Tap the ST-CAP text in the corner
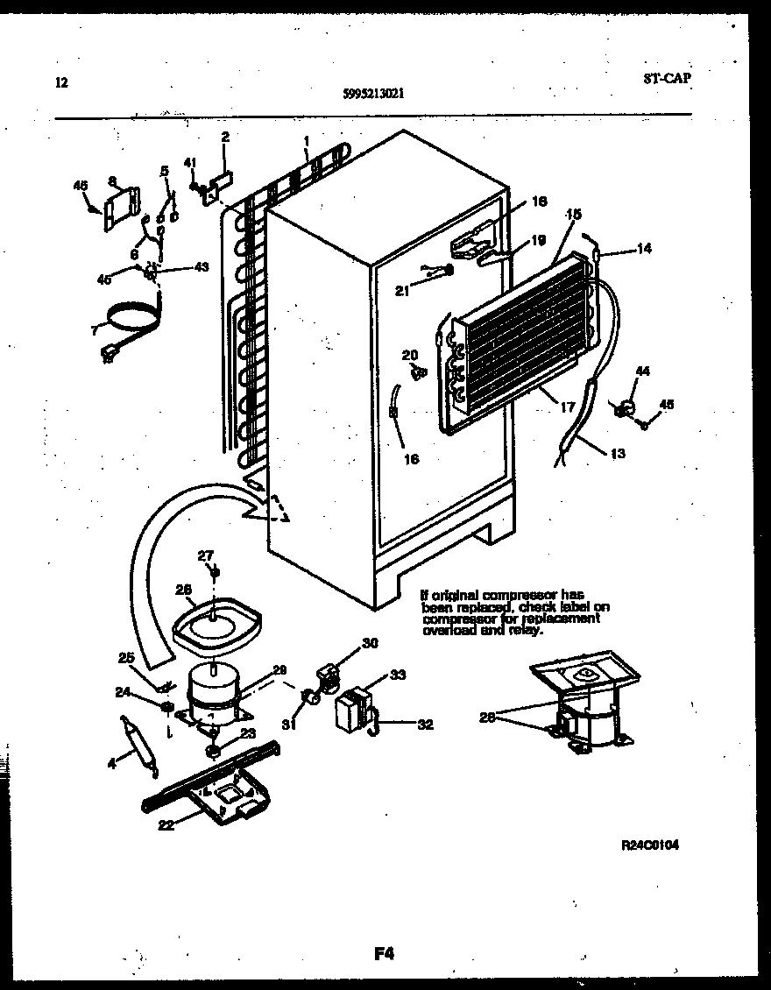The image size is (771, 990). click(666, 78)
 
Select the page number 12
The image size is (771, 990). click(60, 83)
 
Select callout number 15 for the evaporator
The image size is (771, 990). click(575, 214)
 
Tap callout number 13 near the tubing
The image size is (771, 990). click(619, 454)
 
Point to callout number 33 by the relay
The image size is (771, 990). click(398, 675)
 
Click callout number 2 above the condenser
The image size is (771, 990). click(225, 137)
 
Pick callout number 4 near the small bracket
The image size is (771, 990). click(111, 763)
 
